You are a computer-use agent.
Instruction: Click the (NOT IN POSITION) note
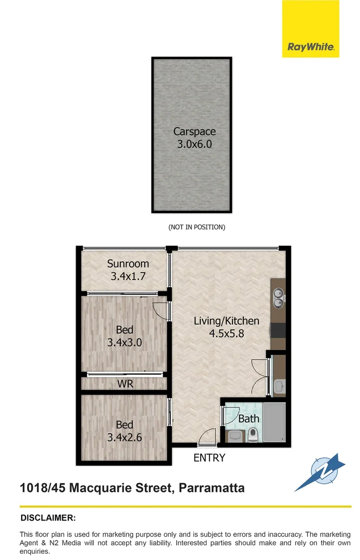coord(197,227)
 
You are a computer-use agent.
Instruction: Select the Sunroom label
coord(128,263)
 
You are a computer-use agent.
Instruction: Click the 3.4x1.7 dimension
coord(128,276)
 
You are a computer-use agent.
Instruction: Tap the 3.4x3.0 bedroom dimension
coord(124,342)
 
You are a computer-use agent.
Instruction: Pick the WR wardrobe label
coord(124,384)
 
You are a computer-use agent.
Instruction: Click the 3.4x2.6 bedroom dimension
coord(124,437)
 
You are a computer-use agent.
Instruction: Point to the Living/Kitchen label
coord(226,321)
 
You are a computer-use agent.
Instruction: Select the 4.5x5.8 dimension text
coord(226,333)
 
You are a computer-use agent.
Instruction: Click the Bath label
coord(248,418)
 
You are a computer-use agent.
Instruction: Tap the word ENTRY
coord(209,458)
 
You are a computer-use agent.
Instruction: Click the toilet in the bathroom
coord(254,435)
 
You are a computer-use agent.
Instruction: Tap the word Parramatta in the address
coord(213,488)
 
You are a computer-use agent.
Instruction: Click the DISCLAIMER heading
coord(48,517)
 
